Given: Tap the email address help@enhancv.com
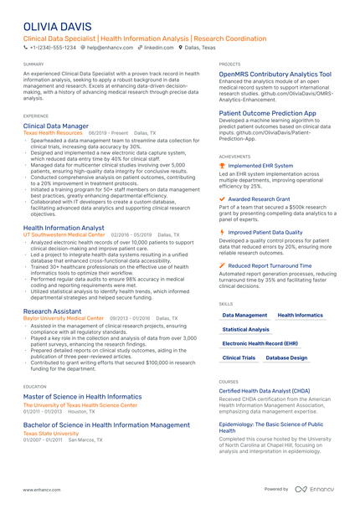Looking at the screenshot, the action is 109,49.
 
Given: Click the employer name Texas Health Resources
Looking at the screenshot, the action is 53,133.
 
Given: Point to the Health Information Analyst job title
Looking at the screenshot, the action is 64,228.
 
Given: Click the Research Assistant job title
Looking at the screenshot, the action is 53,311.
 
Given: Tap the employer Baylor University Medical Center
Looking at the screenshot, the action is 64,319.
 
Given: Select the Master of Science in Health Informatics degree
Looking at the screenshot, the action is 82,397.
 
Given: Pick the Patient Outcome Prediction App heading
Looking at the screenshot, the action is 268,112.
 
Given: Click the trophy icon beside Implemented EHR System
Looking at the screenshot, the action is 222,166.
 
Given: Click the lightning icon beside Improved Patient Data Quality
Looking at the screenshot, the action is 222,232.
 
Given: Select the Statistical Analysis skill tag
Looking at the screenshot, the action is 246,330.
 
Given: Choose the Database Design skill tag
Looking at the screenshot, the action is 286,357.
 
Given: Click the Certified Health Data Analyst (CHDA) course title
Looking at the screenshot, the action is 264,391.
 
